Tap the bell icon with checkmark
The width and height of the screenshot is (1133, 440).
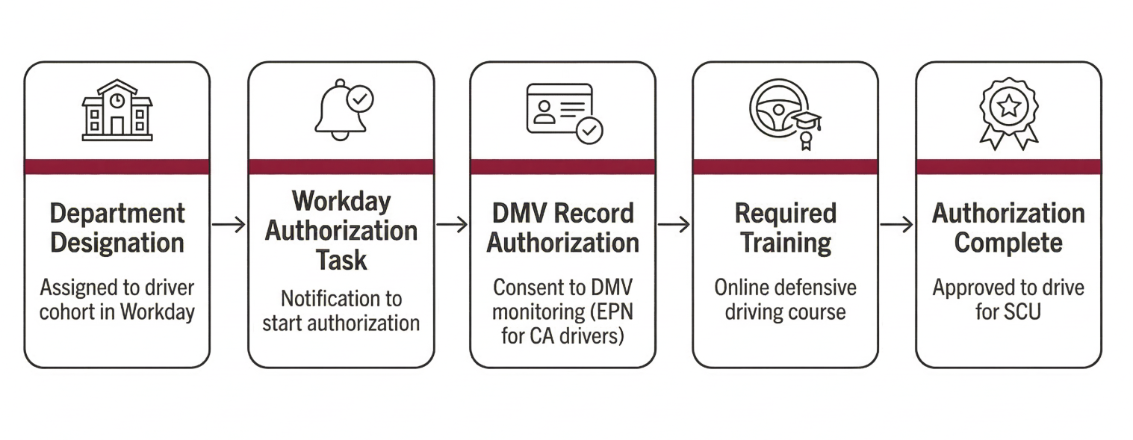click(342, 110)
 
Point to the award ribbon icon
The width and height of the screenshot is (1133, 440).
click(1009, 113)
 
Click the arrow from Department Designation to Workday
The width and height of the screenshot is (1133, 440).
click(229, 224)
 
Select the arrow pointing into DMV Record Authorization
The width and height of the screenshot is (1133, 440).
click(452, 224)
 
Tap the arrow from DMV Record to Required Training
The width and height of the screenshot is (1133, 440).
click(674, 224)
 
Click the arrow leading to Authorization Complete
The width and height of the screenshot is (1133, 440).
click(896, 224)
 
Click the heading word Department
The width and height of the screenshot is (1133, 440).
click(117, 214)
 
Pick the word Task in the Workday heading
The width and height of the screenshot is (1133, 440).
click(341, 260)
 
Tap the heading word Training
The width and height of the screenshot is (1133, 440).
click(785, 244)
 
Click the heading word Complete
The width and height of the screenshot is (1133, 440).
click(1008, 244)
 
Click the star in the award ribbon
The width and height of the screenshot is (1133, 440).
click(1009, 106)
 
